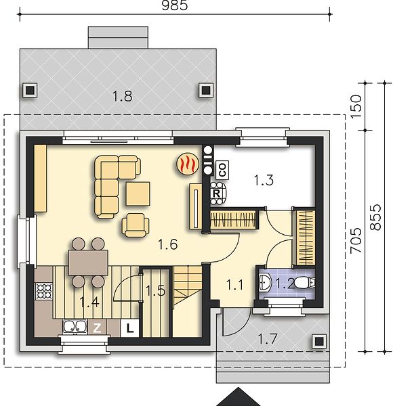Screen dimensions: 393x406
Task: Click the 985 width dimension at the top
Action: tap(174, 5)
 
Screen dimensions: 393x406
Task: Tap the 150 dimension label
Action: tap(356, 107)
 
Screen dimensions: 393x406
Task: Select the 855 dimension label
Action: tap(375, 217)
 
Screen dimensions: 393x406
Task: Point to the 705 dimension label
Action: tap(356, 240)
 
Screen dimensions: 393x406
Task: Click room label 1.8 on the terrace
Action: tap(123, 96)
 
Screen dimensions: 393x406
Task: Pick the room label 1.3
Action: tap(264, 180)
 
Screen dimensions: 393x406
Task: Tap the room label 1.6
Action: tap(168, 244)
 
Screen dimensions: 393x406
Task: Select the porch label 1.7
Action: tap(268, 339)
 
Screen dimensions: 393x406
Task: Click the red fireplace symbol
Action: tap(188, 164)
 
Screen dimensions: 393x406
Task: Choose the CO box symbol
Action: tap(223, 170)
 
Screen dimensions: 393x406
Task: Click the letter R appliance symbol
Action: tap(216, 193)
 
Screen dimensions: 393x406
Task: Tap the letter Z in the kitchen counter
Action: tap(97, 328)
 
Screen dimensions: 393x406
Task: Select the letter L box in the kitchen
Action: tap(130, 328)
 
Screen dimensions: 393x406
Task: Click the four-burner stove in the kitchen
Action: tap(44, 291)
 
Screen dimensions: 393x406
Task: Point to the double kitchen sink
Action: tap(75, 326)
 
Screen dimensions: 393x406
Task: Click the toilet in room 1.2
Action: tap(305, 283)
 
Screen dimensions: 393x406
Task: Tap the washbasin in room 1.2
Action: tap(265, 282)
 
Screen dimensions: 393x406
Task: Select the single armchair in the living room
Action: tap(136, 225)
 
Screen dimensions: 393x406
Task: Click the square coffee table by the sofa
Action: tap(138, 194)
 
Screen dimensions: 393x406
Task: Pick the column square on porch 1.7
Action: tap(319, 342)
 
